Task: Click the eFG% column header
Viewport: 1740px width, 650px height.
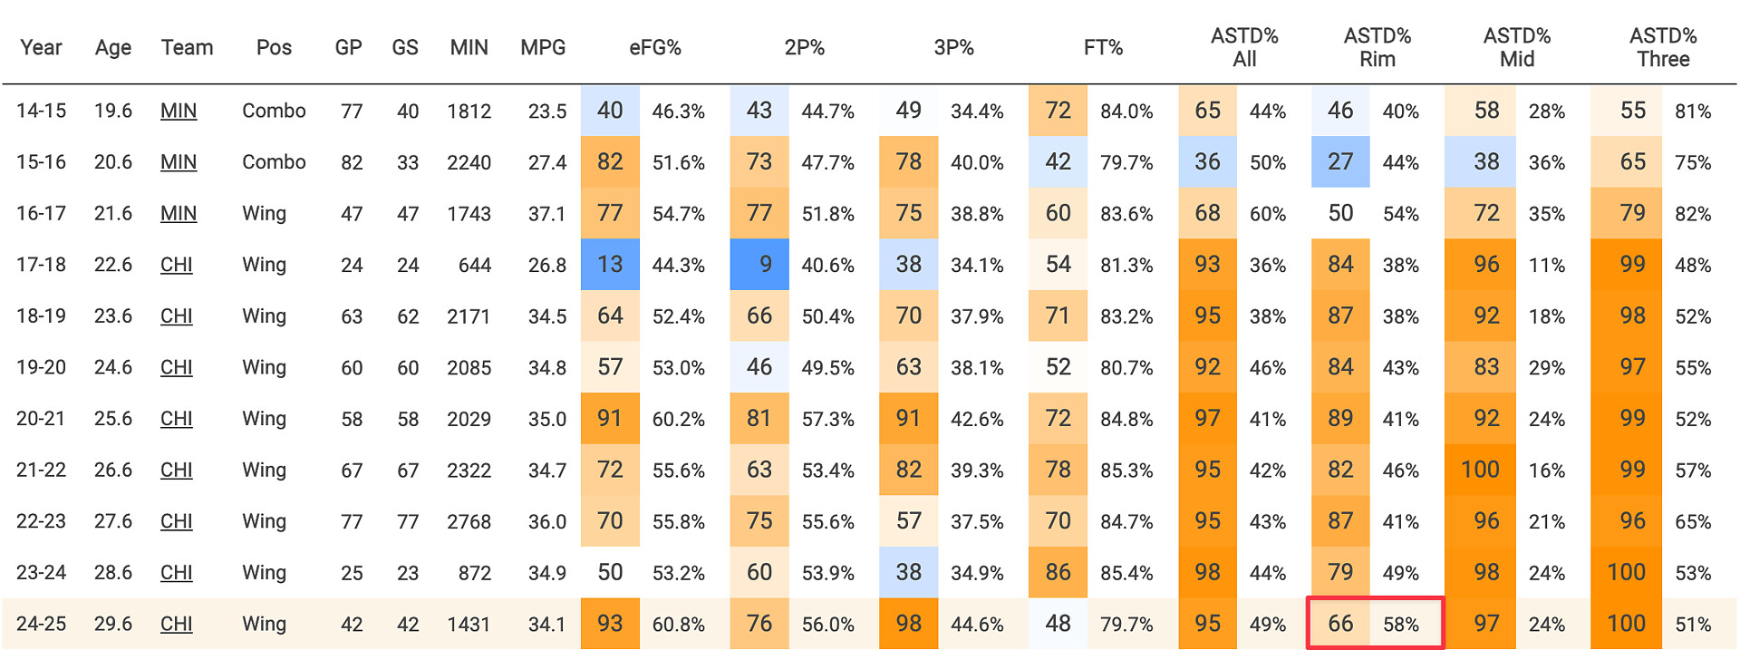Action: tap(654, 48)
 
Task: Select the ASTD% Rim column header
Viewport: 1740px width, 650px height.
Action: tap(1377, 48)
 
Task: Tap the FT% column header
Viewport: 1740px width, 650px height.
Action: tap(1103, 48)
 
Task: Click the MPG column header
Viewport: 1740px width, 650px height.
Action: tap(543, 48)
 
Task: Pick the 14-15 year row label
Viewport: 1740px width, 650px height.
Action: tap(42, 111)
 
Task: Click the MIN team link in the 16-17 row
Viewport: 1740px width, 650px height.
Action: tap(179, 214)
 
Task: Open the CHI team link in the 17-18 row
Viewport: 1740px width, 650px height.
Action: tap(177, 265)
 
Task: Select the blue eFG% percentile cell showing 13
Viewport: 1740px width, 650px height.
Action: tap(610, 265)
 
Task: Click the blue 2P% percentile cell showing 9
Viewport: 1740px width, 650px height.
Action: tap(759, 265)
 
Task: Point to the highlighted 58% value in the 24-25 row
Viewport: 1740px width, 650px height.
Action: tap(1400, 625)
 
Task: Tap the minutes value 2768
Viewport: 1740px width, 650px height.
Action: tap(469, 522)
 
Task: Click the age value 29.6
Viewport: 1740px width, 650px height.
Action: tap(113, 625)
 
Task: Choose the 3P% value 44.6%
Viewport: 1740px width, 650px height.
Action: tap(977, 625)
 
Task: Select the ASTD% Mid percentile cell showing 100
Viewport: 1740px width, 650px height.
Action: tap(1480, 470)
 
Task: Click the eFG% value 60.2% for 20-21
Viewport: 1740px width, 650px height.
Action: tap(679, 419)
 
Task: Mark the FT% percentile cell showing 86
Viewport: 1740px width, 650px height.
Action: tap(1058, 573)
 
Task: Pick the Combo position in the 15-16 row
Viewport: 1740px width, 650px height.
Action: tap(274, 162)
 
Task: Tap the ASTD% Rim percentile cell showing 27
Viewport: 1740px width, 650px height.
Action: tap(1340, 162)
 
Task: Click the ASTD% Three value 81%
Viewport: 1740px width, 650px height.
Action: tap(1693, 112)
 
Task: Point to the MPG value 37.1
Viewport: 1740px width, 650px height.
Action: tap(547, 214)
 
